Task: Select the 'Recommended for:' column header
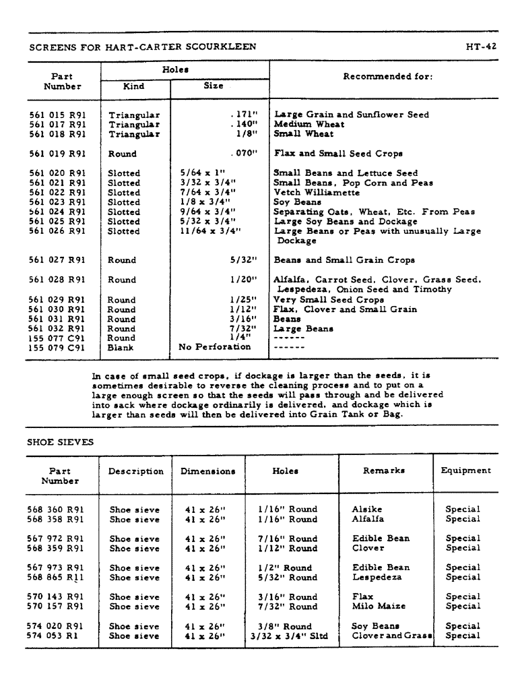click(x=387, y=77)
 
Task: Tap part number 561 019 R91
click(x=58, y=154)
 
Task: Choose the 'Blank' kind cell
click(x=121, y=348)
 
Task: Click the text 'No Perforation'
click(x=214, y=347)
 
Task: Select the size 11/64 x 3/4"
click(x=209, y=231)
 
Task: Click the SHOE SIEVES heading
click(x=60, y=442)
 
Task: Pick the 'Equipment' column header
click(x=466, y=471)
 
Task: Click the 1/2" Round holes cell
click(x=286, y=568)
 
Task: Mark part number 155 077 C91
click(x=58, y=338)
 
